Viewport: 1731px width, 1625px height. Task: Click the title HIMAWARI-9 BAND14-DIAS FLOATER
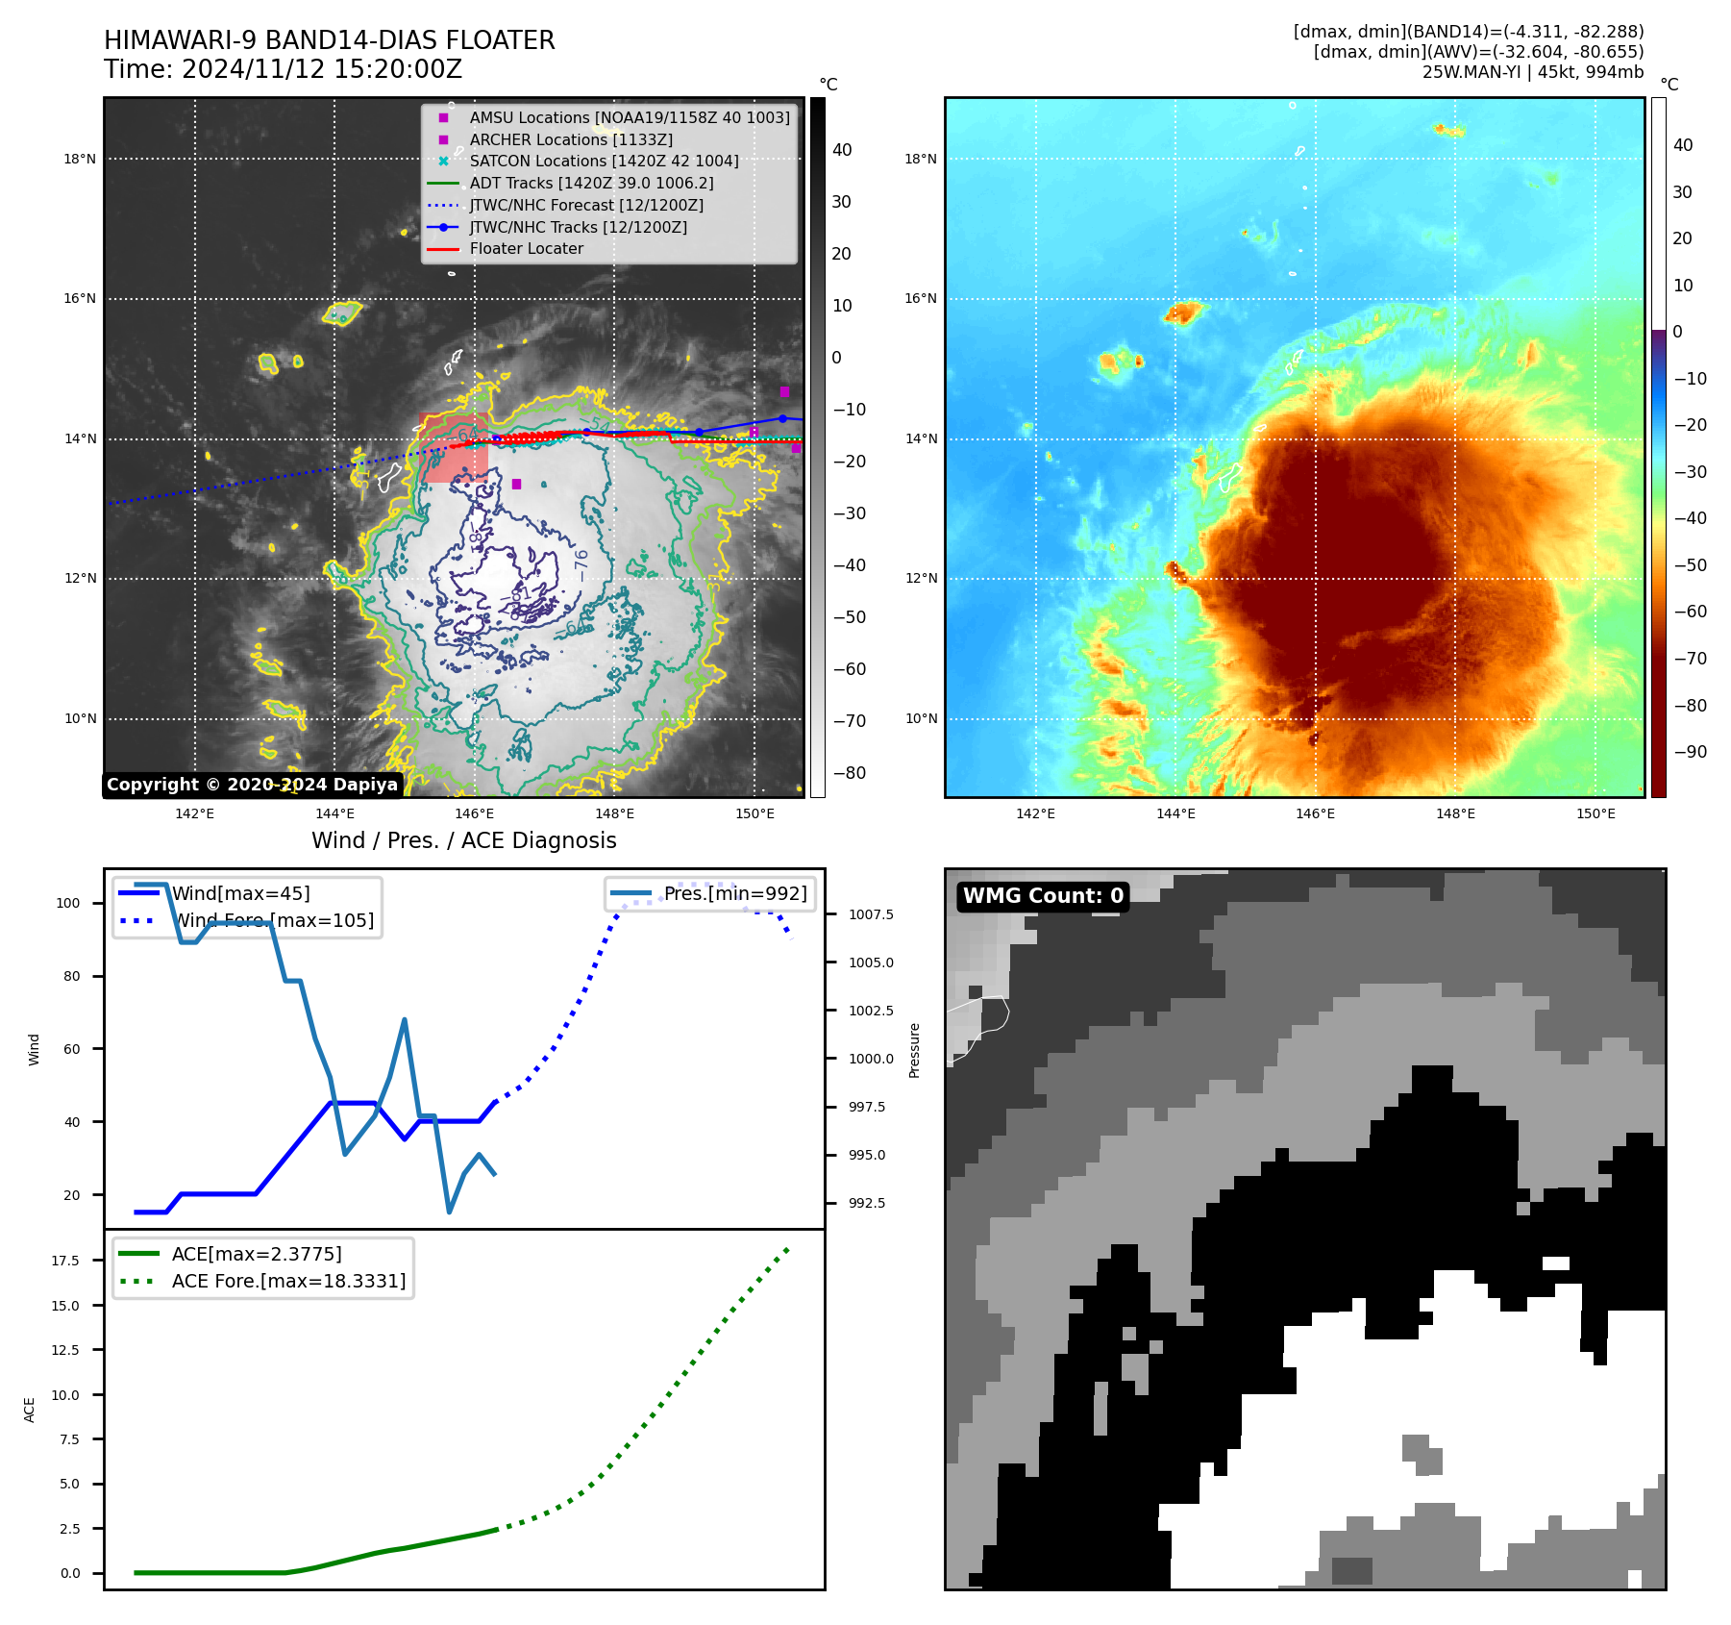pos(329,40)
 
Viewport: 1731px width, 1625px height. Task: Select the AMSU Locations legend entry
pos(629,117)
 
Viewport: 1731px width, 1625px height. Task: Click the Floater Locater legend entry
pos(526,248)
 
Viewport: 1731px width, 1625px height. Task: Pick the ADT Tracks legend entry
pos(590,183)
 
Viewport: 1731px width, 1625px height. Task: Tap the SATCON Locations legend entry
pos(604,161)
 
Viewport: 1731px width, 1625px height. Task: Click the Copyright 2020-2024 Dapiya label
pos(252,785)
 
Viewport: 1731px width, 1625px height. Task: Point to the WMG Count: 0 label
pos(1043,896)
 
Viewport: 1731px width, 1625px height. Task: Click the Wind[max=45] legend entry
pos(240,893)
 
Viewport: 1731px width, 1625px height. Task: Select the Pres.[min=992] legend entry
pos(735,893)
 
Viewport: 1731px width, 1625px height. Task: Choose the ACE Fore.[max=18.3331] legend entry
pos(288,1281)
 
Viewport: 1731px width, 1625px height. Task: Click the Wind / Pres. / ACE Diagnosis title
pos(463,840)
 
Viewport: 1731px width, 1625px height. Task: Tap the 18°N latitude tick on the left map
pos(80,159)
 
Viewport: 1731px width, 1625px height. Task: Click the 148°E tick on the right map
pos(1455,813)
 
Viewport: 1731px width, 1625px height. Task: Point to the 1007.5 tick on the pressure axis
pos(871,914)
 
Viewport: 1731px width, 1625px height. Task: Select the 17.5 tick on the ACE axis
pos(65,1260)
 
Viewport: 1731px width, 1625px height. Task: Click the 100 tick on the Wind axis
pos(68,903)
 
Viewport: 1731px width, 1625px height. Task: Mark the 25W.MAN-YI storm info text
pos(1532,72)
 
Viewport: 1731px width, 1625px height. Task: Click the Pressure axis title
pos(914,1050)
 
